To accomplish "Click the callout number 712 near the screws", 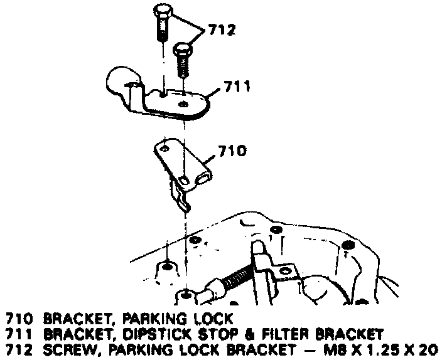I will click(x=218, y=29).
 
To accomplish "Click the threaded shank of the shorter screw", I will click(x=183, y=67).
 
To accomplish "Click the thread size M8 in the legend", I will click(x=330, y=348).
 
